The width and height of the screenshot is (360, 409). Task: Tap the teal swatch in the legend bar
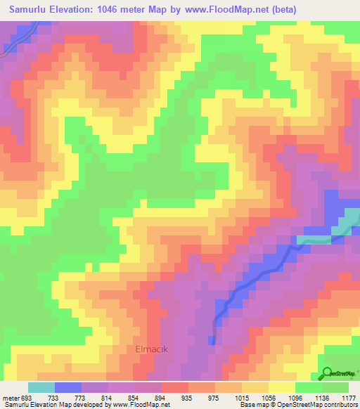(41, 387)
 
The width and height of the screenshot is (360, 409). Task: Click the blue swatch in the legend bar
(69, 387)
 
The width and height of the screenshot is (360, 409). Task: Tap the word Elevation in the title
(77, 10)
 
